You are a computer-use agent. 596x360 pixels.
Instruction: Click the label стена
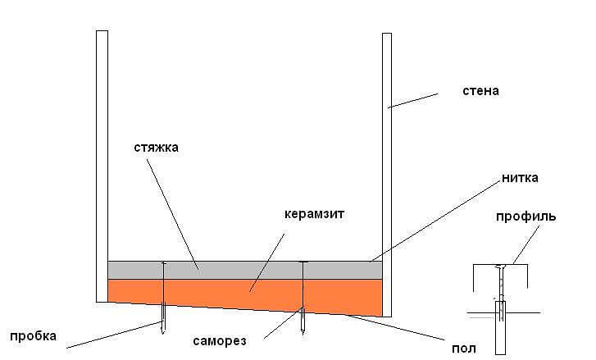point(480,91)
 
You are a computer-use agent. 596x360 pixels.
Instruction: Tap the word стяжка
point(156,147)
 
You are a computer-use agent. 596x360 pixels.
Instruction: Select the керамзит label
point(314,214)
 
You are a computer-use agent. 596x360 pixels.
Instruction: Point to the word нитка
point(520,178)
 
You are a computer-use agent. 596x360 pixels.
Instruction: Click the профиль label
point(525,216)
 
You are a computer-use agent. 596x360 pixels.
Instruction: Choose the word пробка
point(34,336)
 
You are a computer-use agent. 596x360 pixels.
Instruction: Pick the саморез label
point(220,341)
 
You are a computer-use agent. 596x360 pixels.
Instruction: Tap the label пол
point(464,349)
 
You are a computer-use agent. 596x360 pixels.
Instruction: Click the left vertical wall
point(102,166)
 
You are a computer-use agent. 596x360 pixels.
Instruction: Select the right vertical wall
point(387,175)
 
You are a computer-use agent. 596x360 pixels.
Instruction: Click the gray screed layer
point(245,271)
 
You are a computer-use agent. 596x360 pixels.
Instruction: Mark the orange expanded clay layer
point(245,294)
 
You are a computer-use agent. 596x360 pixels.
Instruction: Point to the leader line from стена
point(413,101)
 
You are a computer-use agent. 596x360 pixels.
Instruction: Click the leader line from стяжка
point(172,215)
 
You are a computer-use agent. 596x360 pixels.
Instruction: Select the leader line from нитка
point(436,221)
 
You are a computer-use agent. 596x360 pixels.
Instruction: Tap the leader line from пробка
point(115,335)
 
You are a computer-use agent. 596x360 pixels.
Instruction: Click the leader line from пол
point(394,327)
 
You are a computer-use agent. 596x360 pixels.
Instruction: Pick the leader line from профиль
point(525,245)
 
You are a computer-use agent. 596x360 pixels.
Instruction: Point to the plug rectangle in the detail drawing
point(501,328)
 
